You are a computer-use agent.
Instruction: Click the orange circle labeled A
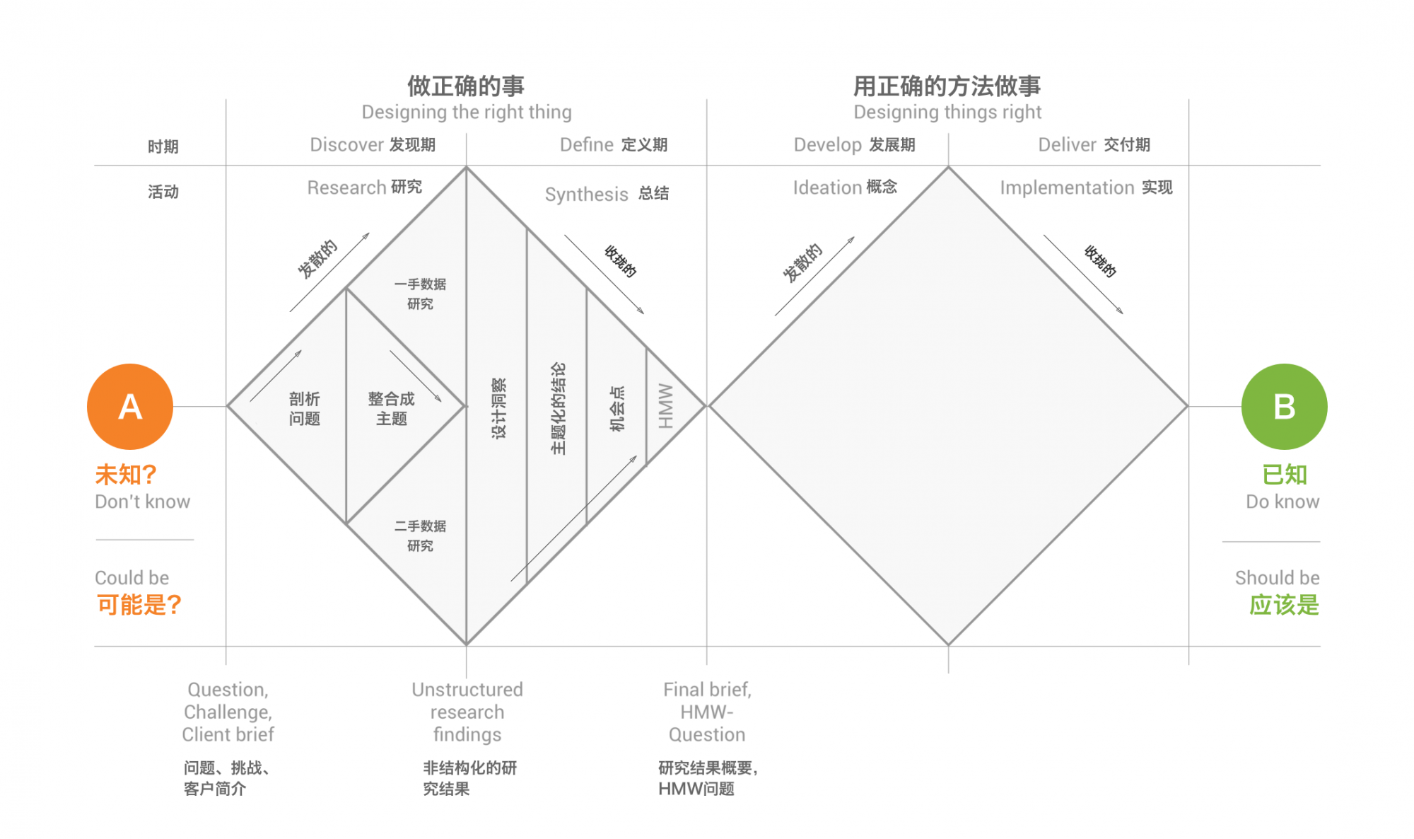(130, 407)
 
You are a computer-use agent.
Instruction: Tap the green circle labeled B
(1284, 407)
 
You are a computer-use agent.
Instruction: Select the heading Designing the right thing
(467, 112)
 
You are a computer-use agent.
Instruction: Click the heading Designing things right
(947, 112)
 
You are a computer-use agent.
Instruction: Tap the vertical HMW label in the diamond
(666, 406)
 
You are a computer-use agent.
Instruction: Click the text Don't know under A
(143, 502)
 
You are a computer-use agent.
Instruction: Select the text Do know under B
(1282, 502)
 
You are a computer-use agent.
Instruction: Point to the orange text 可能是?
(139, 605)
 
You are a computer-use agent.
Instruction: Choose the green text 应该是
(1284, 605)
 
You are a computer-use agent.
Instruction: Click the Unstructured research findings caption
(467, 712)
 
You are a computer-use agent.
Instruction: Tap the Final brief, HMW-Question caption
(707, 712)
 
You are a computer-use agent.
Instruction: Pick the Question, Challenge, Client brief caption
(228, 712)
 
